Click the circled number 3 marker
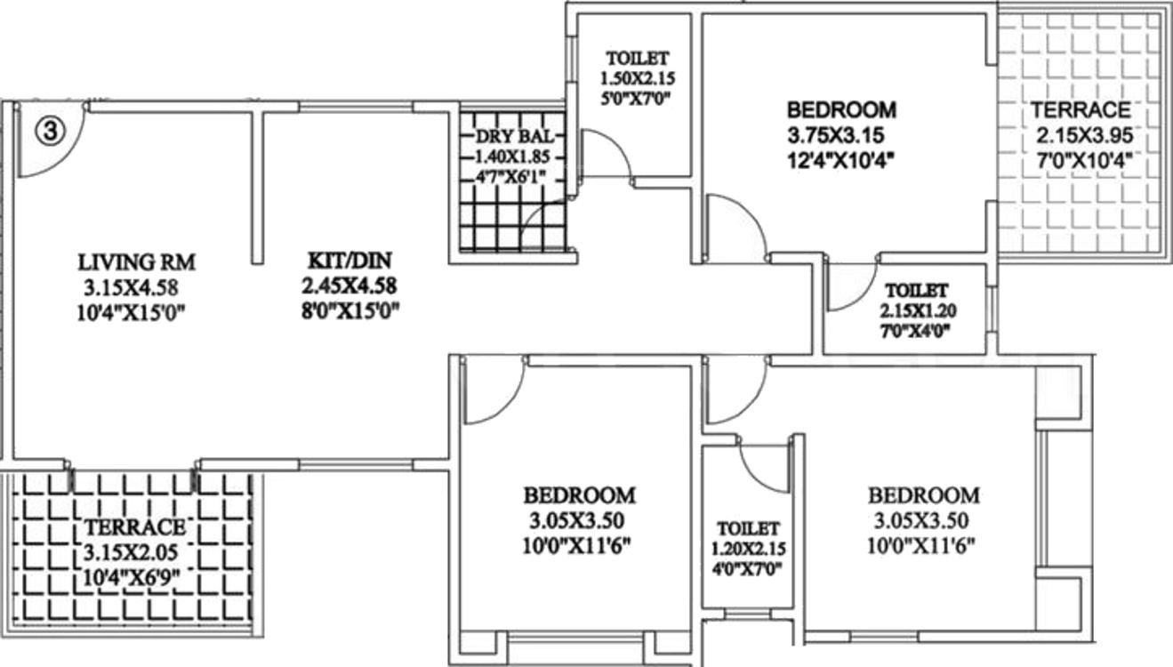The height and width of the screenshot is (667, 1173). pyautogui.click(x=51, y=132)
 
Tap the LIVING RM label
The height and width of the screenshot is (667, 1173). pyautogui.click(x=137, y=262)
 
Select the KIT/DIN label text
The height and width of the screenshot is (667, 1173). pyautogui.click(x=349, y=261)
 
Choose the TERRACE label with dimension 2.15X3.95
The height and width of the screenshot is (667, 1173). pyautogui.click(x=1081, y=111)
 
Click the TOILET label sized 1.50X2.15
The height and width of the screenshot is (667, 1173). pyautogui.click(x=633, y=59)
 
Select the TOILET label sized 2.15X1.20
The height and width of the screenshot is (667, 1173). pyautogui.click(x=915, y=291)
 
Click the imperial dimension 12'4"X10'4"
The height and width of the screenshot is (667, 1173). pyautogui.click(x=840, y=160)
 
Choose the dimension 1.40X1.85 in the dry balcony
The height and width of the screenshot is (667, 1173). pyautogui.click(x=513, y=156)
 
